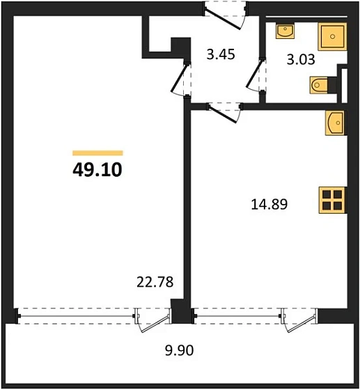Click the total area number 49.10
(97, 169)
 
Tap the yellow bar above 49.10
(97, 153)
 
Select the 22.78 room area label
(154, 282)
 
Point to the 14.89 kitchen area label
(269, 204)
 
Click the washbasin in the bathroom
(285, 32)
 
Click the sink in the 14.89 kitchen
(334, 123)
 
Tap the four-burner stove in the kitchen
(332, 200)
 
